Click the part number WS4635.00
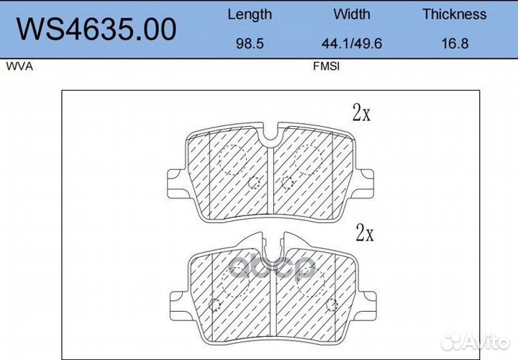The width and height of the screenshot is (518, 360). [96, 29]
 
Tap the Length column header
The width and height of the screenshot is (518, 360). [250, 15]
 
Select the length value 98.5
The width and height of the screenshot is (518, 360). [250, 44]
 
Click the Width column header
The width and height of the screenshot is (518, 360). [352, 14]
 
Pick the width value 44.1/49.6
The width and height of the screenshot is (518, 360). [352, 44]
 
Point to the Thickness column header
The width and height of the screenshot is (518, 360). [454, 14]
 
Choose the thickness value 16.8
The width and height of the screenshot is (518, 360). [455, 44]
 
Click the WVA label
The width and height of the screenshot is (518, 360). [19, 66]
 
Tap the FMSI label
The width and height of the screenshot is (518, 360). [326, 66]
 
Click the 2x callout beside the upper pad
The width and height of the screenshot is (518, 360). [361, 112]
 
